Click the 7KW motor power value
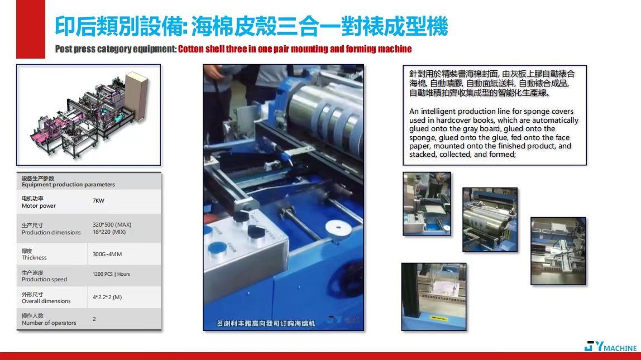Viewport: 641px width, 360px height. click(98, 200)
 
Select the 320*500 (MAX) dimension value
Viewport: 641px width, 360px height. click(112, 225)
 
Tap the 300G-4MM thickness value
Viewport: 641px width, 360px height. click(107, 254)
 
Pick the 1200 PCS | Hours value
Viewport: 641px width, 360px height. click(111, 274)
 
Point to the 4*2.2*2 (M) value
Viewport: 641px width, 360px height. click(107, 297)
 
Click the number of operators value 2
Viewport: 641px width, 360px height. click(94, 319)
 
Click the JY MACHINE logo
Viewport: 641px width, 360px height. click(610, 347)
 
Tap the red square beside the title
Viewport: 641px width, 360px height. click(31, 29)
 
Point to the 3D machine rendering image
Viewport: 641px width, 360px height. click(88, 115)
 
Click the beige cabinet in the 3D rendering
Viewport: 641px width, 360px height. click(136, 97)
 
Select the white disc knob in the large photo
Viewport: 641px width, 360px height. click(338, 229)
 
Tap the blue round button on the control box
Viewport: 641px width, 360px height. click(217, 249)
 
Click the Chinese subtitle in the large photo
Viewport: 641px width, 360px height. click(266, 323)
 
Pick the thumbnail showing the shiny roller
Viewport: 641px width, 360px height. click(490, 219)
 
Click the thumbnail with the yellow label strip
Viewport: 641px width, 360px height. click(434, 297)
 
